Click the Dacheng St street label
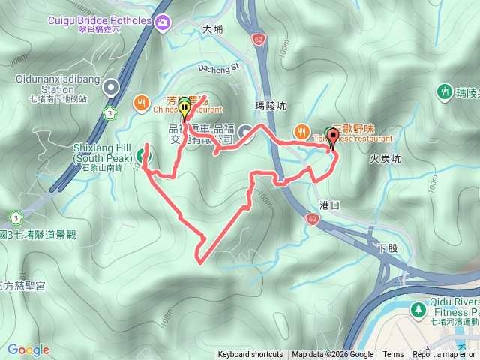coord(218,67)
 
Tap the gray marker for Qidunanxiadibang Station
coord(112,88)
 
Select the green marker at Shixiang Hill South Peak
coord(142,156)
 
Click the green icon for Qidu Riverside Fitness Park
coord(417,308)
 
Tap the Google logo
coord(28,349)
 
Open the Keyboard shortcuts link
coord(250,355)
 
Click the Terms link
coord(393,355)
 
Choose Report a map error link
coord(445,355)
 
